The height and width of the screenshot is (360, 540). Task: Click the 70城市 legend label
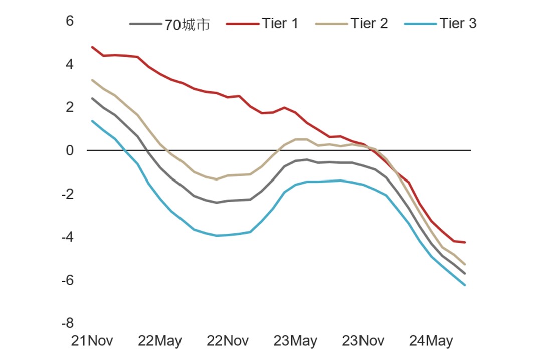187,24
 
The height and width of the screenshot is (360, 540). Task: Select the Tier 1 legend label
280,23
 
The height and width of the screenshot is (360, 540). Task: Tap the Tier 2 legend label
369,23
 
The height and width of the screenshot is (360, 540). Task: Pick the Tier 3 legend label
458,23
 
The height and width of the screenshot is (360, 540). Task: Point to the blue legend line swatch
420,24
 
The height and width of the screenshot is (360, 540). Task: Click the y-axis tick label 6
70,21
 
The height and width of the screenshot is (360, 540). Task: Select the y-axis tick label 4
70,64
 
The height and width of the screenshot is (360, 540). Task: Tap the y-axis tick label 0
70,150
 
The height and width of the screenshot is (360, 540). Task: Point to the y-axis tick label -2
68,194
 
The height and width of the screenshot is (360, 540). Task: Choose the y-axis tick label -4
68,237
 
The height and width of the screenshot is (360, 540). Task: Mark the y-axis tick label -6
68,280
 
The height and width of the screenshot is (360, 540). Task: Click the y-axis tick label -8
68,323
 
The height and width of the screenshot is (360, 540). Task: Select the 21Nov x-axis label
92,341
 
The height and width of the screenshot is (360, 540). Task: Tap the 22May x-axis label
160,341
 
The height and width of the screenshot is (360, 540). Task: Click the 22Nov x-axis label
228,341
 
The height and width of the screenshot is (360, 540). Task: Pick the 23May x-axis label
295,341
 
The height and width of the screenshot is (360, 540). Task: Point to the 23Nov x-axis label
363,341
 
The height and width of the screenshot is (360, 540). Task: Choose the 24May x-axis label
431,341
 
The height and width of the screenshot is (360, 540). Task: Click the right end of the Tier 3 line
465,285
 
